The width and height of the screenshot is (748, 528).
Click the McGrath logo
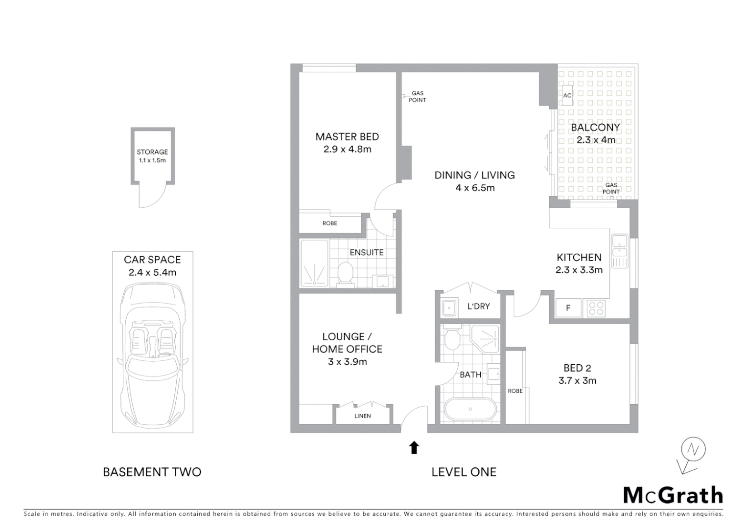(x=673, y=495)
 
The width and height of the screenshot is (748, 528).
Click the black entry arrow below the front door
(x=414, y=447)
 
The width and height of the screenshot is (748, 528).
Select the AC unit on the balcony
(x=567, y=95)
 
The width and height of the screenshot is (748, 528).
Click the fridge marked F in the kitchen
(x=568, y=308)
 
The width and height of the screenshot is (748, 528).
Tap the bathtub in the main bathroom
(x=470, y=409)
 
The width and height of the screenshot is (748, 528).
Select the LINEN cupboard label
(x=362, y=416)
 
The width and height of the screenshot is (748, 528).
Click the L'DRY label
(x=478, y=307)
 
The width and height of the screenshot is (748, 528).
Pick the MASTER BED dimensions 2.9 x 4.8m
(x=347, y=150)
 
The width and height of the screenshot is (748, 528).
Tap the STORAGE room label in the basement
(x=152, y=152)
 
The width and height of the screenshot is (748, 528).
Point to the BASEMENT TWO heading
(x=152, y=472)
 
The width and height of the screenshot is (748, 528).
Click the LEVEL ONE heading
(x=464, y=472)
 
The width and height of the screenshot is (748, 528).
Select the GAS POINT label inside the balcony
(x=611, y=188)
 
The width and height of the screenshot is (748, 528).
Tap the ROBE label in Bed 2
(x=515, y=391)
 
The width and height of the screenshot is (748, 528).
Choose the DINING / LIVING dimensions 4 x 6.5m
(x=475, y=188)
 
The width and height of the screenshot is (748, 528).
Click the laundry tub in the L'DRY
(x=449, y=308)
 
